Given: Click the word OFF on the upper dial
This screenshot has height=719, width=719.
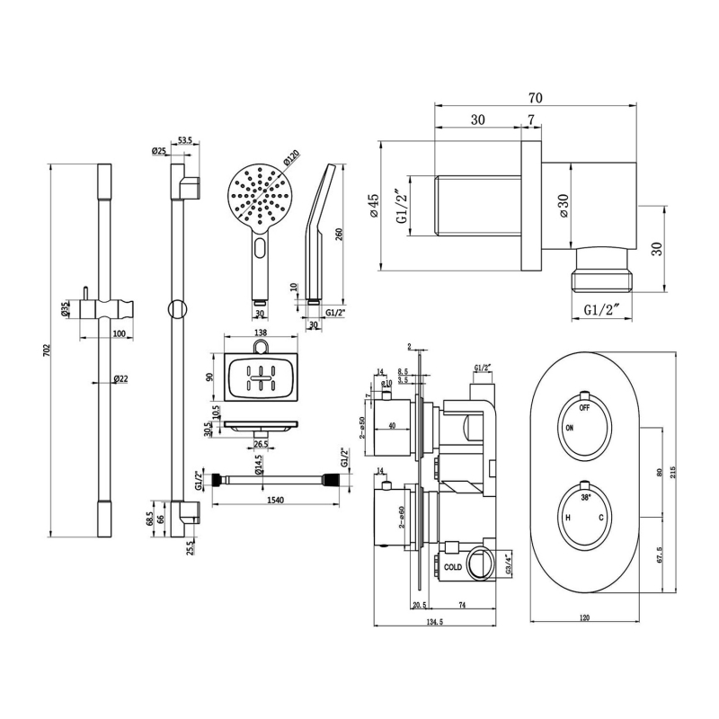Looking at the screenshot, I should coord(584,407).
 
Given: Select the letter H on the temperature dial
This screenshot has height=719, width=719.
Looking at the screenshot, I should coord(567,519).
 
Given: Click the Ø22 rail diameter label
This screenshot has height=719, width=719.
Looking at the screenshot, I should coord(122,379).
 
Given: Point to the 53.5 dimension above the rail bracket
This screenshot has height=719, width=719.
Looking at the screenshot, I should coord(185,140).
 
